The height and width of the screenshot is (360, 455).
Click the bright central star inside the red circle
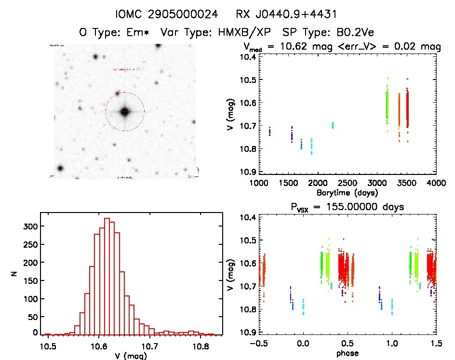[x=125, y=112]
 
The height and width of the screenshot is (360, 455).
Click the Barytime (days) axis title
[x=347, y=193]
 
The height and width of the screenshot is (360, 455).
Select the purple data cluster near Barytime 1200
[x=269, y=131]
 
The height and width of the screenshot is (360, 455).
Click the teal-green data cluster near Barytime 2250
[x=333, y=125]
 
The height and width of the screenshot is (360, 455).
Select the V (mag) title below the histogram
[x=131, y=355]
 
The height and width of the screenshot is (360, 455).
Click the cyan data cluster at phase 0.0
[x=303, y=307]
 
